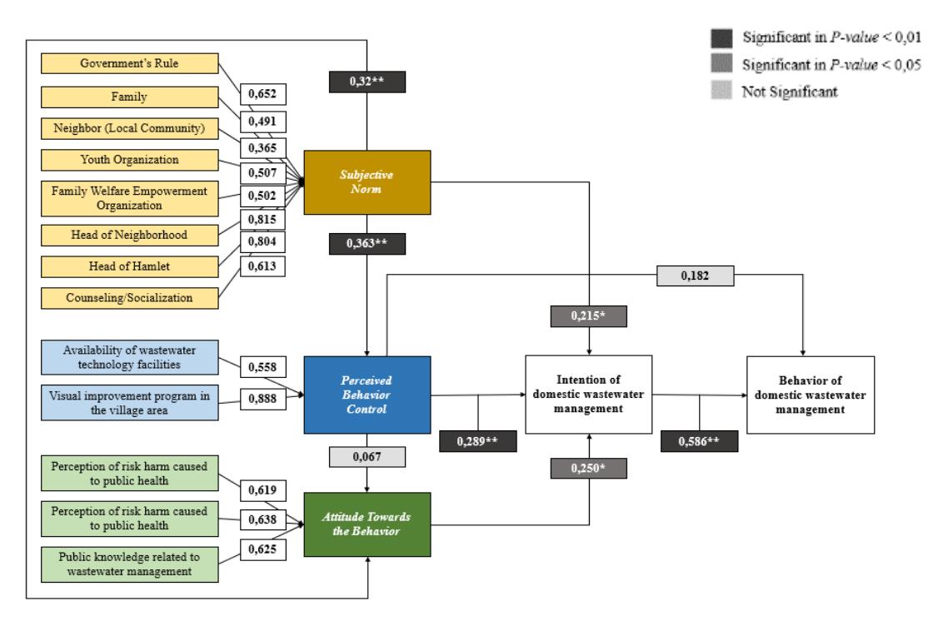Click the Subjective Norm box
[x=367, y=182]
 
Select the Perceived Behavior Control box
[x=367, y=395]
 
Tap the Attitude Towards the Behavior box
[x=367, y=524]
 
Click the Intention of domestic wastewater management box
[x=589, y=395]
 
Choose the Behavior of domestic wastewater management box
[x=810, y=395]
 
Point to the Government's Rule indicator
[x=129, y=63]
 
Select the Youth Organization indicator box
[x=129, y=160]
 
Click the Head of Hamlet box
[x=129, y=266]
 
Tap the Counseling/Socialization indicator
[x=129, y=298]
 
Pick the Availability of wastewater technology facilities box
[x=129, y=357]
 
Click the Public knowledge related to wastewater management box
[x=129, y=564]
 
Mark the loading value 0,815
[x=262, y=220]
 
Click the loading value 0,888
[x=262, y=399]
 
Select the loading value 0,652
[x=262, y=94]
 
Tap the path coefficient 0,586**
[x=699, y=441]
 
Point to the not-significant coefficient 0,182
[x=695, y=276]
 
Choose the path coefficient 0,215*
[x=588, y=316]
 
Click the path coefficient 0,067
[x=367, y=457]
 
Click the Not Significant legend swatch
[x=721, y=90]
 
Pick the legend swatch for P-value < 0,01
[x=721, y=37]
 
